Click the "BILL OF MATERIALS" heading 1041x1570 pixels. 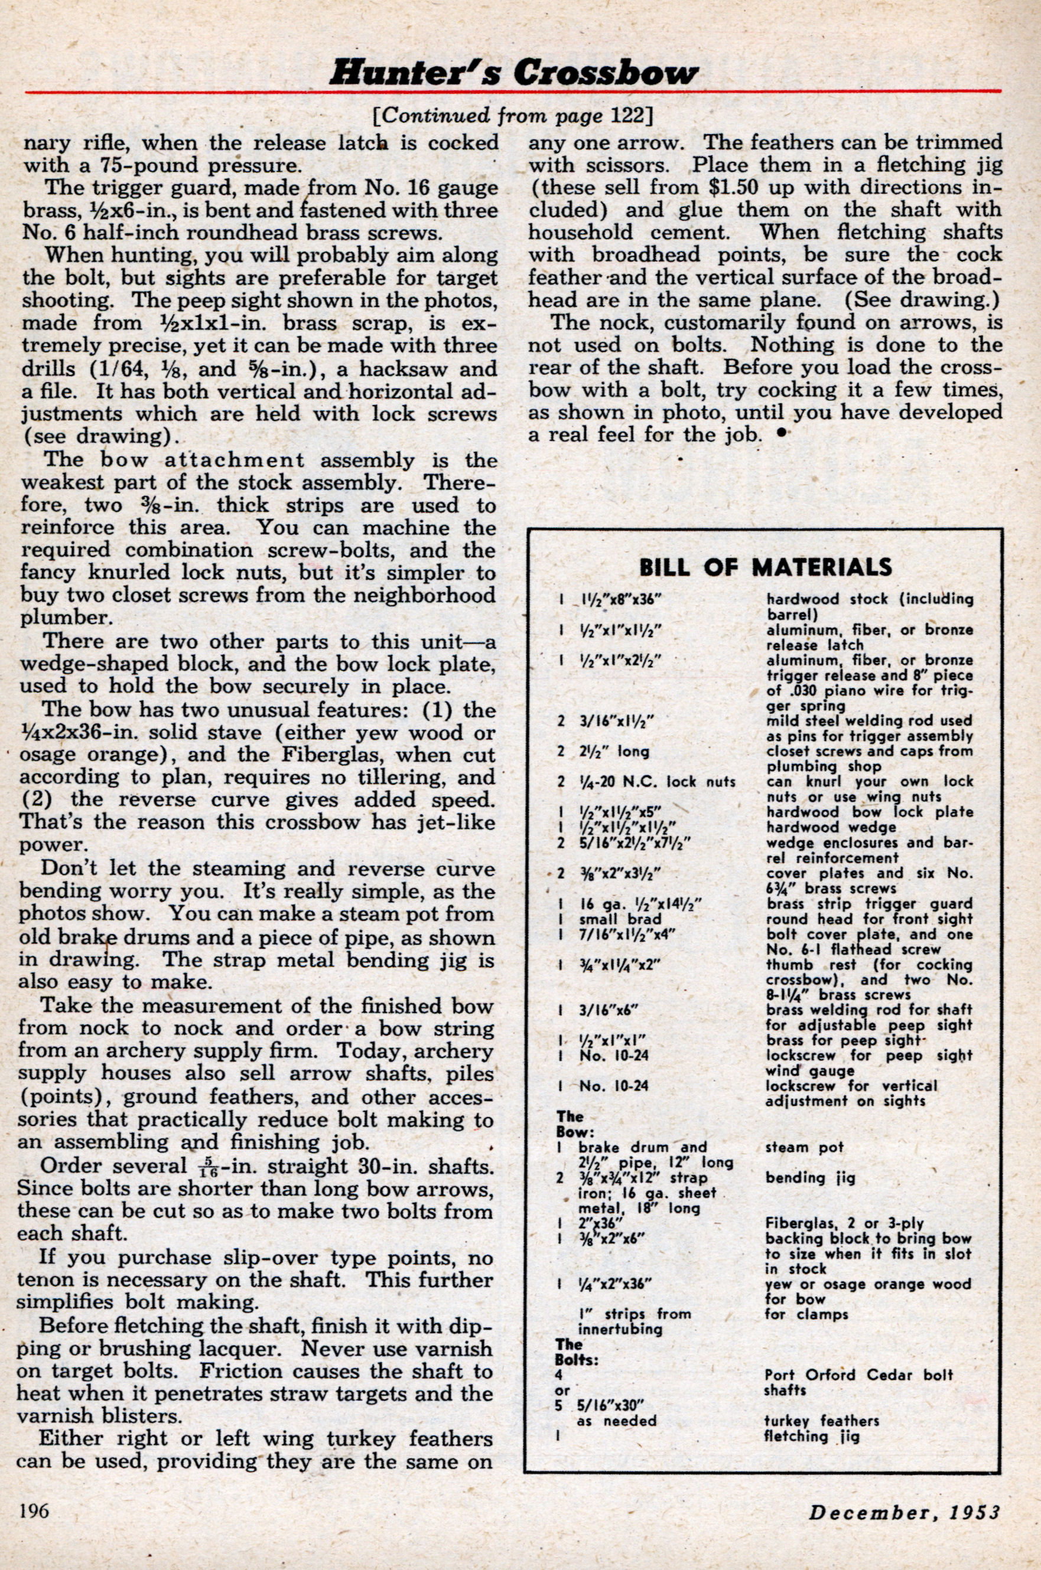click(765, 567)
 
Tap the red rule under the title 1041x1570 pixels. click(514, 91)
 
